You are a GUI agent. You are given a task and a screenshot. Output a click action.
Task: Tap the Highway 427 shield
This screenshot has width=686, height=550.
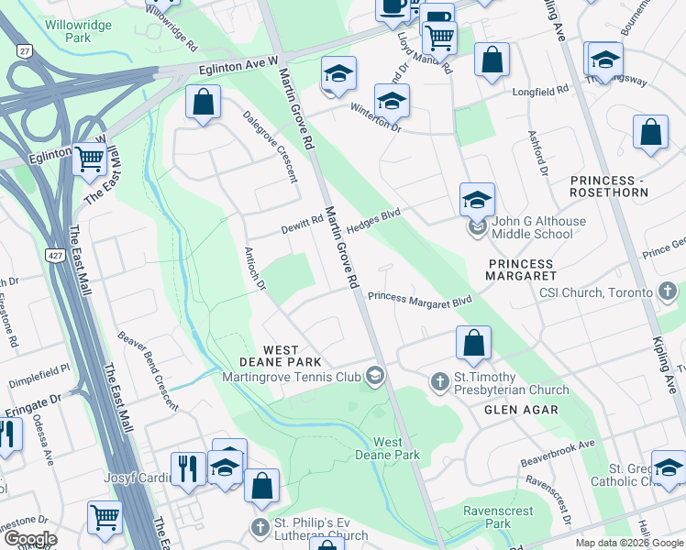pyautogui.click(x=52, y=253)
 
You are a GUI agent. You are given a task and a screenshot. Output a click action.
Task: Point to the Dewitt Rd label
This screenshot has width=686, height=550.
pyautogui.click(x=303, y=221)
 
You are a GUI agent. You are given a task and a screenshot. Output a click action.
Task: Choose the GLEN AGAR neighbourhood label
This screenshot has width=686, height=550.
pyautogui.click(x=521, y=410)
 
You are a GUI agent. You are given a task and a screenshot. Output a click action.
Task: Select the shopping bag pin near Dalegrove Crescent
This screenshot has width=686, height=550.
pyautogui.click(x=203, y=102)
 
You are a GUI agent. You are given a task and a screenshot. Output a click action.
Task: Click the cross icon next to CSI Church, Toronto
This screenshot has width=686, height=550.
pyautogui.click(x=669, y=292)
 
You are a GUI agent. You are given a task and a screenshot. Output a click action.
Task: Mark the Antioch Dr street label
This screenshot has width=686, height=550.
pyautogui.click(x=254, y=269)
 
